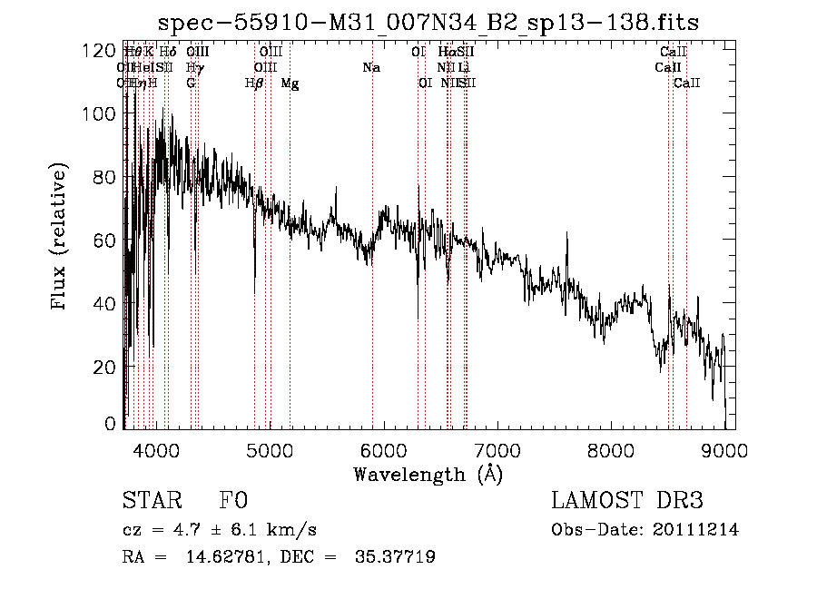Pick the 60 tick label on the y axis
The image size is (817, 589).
(105, 240)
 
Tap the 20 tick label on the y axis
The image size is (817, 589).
(105, 366)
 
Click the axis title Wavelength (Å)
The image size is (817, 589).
(428, 474)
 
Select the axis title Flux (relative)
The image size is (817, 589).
(61, 239)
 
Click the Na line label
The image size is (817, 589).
(370, 67)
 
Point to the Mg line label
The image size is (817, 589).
(290, 83)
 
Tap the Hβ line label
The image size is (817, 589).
(254, 83)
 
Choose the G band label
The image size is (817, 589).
(191, 83)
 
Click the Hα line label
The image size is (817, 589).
(446, 52)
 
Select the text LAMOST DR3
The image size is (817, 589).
(626, 501)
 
